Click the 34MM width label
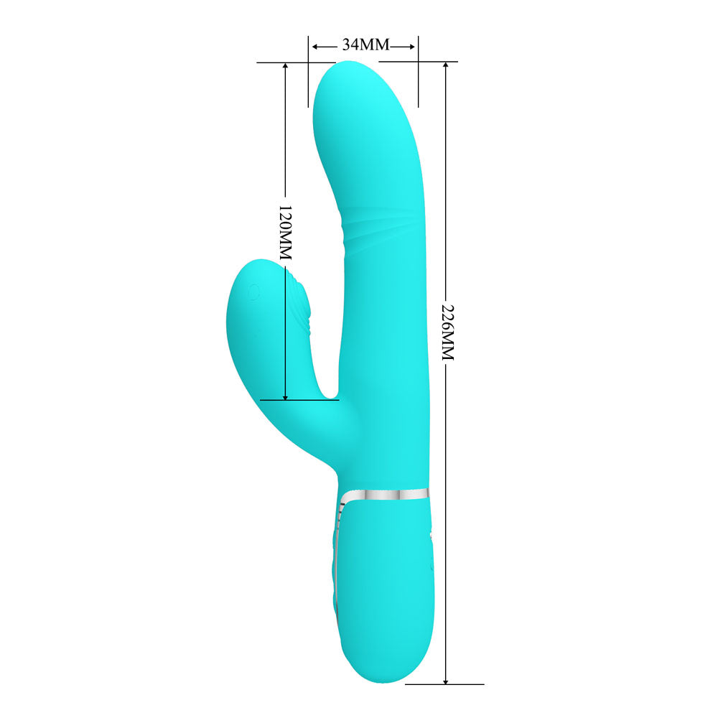pos(365,45)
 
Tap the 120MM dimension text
pos(285,232)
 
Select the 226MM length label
pos(447,331)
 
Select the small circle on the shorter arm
pos(253,292)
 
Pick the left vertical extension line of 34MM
pos(308,79)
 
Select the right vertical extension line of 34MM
pos(419,79)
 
